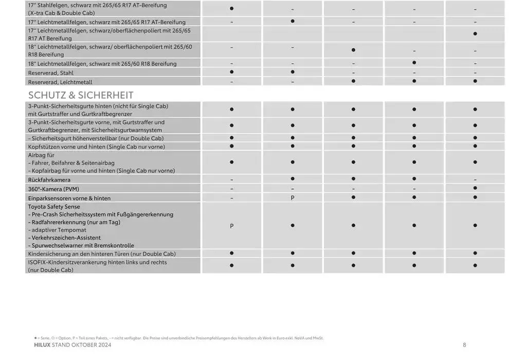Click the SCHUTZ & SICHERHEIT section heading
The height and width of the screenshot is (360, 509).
(x=81, y=95)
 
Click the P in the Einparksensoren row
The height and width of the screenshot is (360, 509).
(x=292, y=198)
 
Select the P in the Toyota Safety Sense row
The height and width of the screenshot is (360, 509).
(x=232, y=226)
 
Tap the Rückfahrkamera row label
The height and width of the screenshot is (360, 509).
(x=49, y=180)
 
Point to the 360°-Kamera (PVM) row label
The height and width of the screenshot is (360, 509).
(x=53, y=189)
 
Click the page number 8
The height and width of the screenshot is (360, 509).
(x=464, y=345)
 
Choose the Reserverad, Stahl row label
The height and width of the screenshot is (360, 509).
(x=50, y=73)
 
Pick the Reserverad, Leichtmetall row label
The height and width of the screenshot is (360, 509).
(x=60, y=82)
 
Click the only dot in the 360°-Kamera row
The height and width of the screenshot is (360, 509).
(x=475, y=188)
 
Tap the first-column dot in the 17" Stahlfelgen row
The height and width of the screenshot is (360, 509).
(x=232, y=9)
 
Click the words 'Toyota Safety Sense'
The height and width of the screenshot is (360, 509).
(x=54, y=206)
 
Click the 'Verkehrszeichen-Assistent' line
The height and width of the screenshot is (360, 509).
(x=65, y=238)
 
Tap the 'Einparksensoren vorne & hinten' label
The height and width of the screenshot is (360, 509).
(x=69, y=198)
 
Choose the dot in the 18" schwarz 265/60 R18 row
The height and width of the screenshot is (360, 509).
(x=414, y=63)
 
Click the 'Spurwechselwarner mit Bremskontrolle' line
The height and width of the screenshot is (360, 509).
(x=82, y=245)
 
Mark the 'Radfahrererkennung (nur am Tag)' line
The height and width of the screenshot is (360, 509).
(x=75, y=222)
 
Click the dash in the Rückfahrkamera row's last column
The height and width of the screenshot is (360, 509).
(x=475, y=180)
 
